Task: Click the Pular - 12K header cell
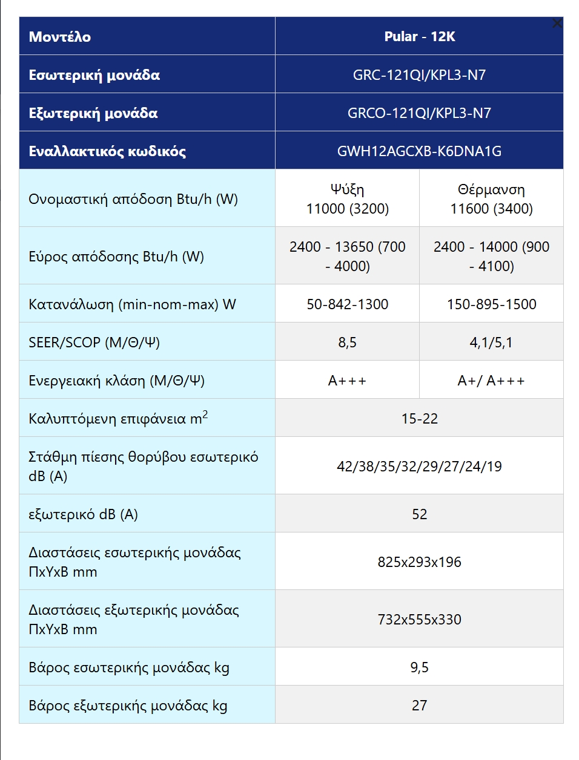(419, 36)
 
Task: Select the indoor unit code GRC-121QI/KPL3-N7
(419, 75)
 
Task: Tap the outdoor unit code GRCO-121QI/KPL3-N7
(419, 113)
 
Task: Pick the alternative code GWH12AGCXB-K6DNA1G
(419, 151)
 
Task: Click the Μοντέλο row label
(60, 37)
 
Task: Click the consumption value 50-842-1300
(348, 304)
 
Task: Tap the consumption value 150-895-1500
(491, 304)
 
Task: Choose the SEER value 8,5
(348, 342)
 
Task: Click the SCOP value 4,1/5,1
(491, 342)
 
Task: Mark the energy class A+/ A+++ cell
(491, 381)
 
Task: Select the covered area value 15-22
(419, 419)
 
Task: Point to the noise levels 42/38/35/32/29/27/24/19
(419, 467)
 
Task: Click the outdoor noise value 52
(419, 514)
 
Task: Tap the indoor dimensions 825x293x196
(419, 562)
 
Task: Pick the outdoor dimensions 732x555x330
(419, 620)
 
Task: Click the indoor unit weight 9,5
(419, 667)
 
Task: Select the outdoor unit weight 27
(419, 706)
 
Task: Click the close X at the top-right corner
(557, 24)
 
